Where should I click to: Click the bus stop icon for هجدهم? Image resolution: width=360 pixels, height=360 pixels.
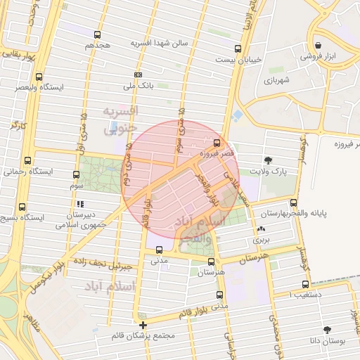(x=97, y=34)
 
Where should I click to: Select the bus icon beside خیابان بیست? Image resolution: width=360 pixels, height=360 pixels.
(x=238, y=49)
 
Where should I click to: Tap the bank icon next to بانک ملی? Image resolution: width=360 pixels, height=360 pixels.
(x=139, y=75)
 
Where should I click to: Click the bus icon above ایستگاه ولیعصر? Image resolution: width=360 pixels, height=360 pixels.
(x=39, y=77)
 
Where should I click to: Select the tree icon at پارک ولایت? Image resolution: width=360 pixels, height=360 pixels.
(x=268, y=160)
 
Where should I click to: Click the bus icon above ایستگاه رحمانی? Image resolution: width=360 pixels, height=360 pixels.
(x=27, y=160)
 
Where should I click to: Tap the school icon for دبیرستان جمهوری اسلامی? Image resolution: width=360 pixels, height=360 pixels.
(x=90, y=204)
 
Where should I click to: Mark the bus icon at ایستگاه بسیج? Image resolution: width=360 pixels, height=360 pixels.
(x=22, y=207)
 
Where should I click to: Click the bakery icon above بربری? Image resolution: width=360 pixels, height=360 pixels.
(x=261, y=229)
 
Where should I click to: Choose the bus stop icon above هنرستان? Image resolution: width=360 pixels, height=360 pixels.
(x=210, y=261)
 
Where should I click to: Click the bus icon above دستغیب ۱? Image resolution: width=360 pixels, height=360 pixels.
(x=304, y=285)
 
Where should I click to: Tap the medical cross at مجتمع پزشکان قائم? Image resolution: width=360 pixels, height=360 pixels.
(x=143, y=325)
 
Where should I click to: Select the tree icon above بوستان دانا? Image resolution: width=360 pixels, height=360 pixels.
(x=327, y=329)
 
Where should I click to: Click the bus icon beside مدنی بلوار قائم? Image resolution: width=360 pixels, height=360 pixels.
(x=220, y=295)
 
